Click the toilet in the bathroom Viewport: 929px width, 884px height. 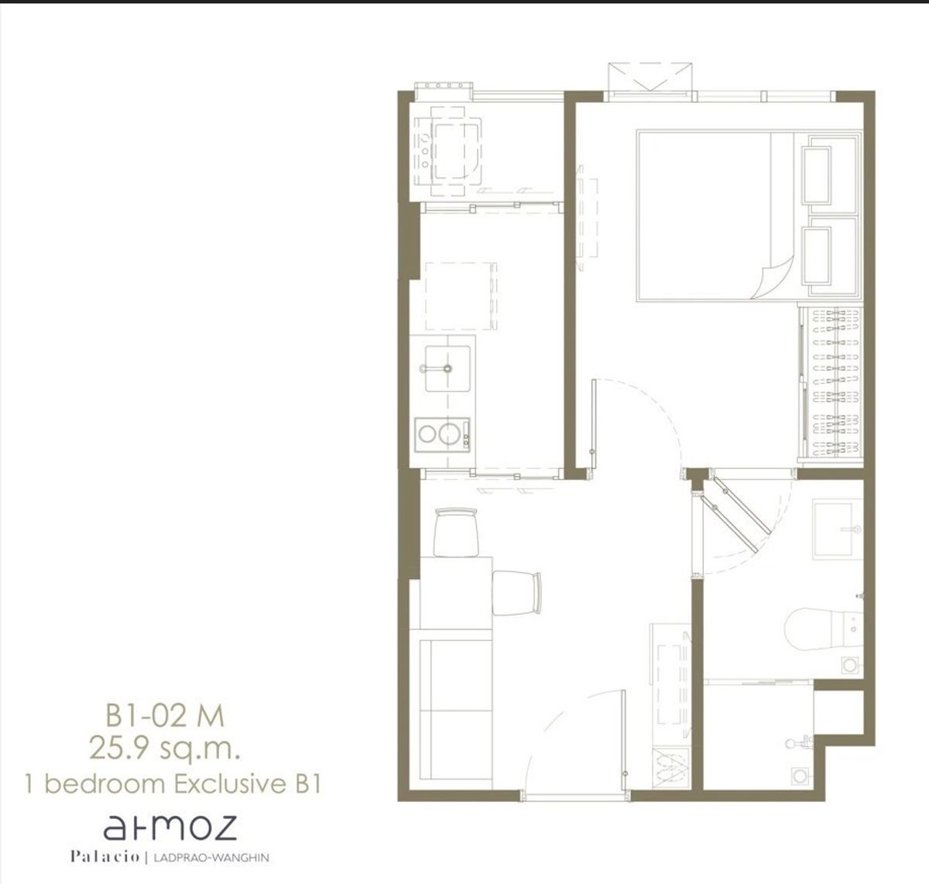(x=823, y=629)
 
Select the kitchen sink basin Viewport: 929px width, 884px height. (x=447, y=368)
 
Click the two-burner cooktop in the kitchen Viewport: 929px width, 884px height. (x=442, y=435)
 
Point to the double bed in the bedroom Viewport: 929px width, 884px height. (x=748, y=215)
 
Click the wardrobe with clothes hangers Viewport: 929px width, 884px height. (x=831, y=382)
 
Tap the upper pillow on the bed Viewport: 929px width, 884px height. (x=817, y=176)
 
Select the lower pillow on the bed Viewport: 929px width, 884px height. (x=817, y=256)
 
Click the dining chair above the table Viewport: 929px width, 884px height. (x=456, y=532)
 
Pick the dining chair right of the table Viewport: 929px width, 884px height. (x=516, y=593)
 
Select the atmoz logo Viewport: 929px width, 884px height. (x=170, y=827)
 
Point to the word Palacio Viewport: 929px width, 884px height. (x=105, y=857)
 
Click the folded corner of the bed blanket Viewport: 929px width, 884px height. (x=773, y=278)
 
